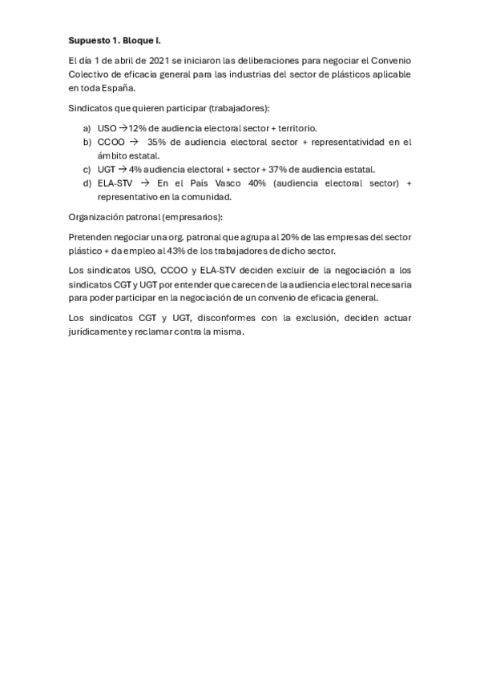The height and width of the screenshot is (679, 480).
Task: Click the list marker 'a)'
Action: coord(87,128)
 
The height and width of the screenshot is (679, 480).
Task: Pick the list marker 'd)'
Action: coord(87,183)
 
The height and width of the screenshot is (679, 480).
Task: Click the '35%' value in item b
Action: coord(158,142)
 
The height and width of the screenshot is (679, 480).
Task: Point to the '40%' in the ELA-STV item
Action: coord(258,183)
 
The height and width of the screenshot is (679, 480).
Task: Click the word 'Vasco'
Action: coord(229,183)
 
